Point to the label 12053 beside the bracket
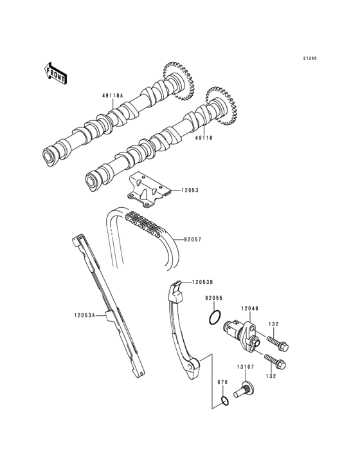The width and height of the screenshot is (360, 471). (191, 190)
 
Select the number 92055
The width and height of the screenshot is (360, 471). (214, 299)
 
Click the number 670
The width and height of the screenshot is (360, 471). (222, 382)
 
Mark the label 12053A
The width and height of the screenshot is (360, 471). (85, 315)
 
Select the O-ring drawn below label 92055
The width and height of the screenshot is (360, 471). (216, 317)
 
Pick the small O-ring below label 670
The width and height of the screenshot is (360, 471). (223, 402)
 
